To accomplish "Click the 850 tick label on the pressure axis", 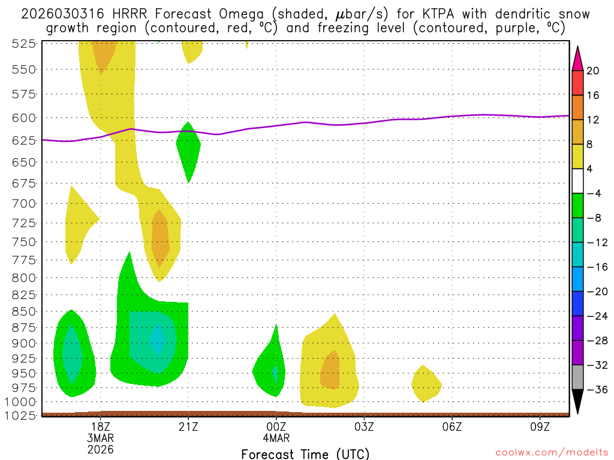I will [23, 311].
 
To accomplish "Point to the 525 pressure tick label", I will [23, 43].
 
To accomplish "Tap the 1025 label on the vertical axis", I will [20, 414].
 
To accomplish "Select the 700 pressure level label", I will [23, 203].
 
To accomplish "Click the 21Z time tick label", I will [188, 426].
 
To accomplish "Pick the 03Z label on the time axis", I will [364, 426].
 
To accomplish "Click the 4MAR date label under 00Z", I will [276, 438].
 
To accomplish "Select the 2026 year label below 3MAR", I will [101, 449].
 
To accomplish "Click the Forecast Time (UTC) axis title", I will [305, 453].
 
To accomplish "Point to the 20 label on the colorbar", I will [593, 71].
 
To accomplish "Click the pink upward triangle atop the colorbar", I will [577, 58].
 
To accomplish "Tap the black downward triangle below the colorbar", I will [577, 402].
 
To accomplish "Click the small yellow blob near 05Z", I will [426, 384].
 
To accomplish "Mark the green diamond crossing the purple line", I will [188, 150].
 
